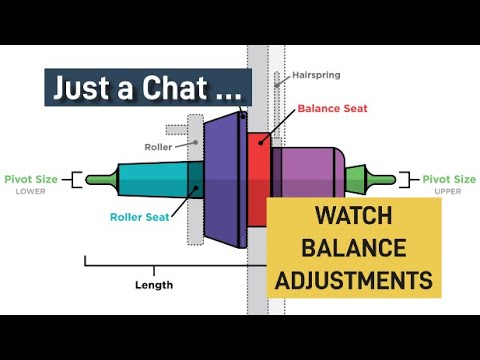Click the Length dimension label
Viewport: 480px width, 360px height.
[153, 285]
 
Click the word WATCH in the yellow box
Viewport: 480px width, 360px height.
[354, 215]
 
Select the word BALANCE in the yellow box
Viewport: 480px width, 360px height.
[354, 246]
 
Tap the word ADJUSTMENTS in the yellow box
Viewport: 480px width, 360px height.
[354, 278]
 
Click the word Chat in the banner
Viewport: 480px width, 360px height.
[164, 87]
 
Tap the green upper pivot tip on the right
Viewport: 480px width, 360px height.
[383, 180]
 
